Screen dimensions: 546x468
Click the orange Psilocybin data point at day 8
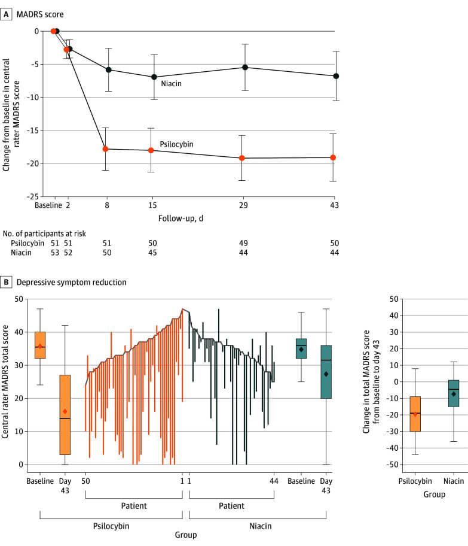click(x=105, y=148)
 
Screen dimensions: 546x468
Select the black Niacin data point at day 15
click(x=154, y=77)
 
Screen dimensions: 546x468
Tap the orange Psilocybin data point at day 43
click(x=333, y=157)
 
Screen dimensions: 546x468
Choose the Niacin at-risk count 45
click(x=154, y=253)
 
